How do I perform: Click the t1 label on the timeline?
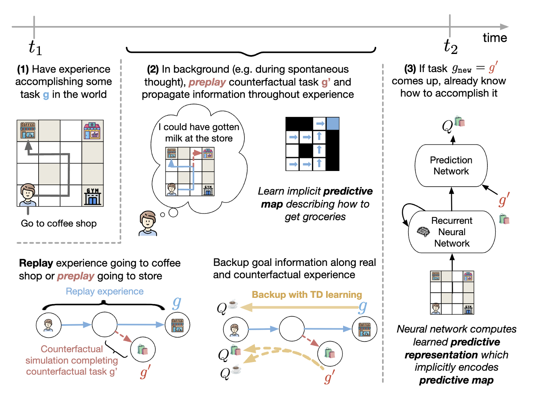[x=35, y=48]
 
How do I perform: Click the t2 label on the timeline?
[x=450, y=46]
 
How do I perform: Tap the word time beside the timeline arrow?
[x=495, y=38]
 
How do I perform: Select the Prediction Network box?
[x=451, y=166]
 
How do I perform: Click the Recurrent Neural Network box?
[x=452, y=232]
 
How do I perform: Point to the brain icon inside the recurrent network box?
[x=423, y=232]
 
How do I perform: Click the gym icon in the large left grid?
[x=93, y=196]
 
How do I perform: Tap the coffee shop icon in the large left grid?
[x=28, y=130]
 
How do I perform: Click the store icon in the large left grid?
[x=92, y=130]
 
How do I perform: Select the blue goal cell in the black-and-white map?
[x=332, y=124]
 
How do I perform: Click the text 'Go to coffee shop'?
[x=59, y=223]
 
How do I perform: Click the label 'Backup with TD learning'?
[x=307, y=295]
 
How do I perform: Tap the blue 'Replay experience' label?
[x=105, y=291]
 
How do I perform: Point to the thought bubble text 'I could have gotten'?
[x=199, y=127]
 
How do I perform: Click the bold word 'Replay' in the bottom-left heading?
[x=36, y=263]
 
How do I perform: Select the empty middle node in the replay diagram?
[x=105, y=325]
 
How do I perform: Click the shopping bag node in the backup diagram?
[x=330, y=353]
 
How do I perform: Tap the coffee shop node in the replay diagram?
[x=177, y=325]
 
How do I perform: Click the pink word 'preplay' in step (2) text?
[x=207, y=82]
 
